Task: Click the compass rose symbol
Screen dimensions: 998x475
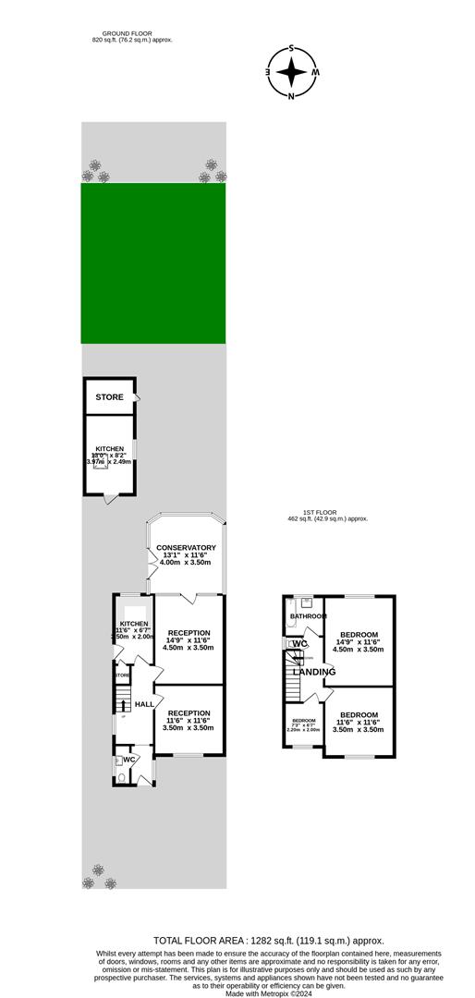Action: tap(291, 71)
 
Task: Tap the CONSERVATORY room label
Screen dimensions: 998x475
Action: tap(186, 548)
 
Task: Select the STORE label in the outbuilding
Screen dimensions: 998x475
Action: tap(109, 397)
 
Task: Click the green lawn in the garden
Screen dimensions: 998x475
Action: tap(153, 263)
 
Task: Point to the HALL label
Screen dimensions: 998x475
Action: tap(144, 704)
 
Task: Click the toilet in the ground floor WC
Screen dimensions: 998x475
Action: tap(121, 777)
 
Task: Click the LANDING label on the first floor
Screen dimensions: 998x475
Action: tap(308, 672)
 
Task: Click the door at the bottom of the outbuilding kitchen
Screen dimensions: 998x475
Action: tap(110, 499)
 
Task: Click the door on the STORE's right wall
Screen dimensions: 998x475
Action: tap(138, 398)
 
